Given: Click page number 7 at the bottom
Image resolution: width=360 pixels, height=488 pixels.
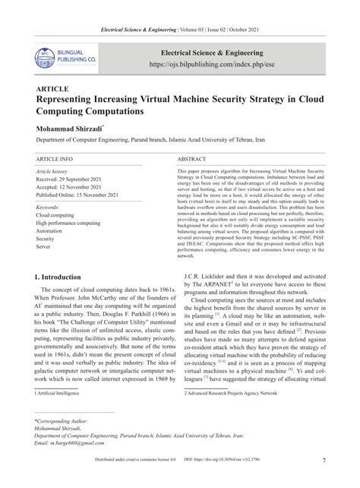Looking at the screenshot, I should click(324, 481).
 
